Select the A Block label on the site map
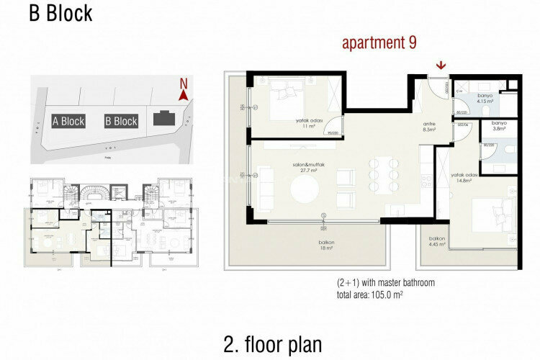tap(68, 121)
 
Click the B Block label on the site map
tap(121, 121)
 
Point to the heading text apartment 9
tap(379, 42)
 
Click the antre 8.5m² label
tap(430, 127)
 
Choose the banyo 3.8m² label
tap(500, 126)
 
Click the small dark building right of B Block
tap(165, 117)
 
